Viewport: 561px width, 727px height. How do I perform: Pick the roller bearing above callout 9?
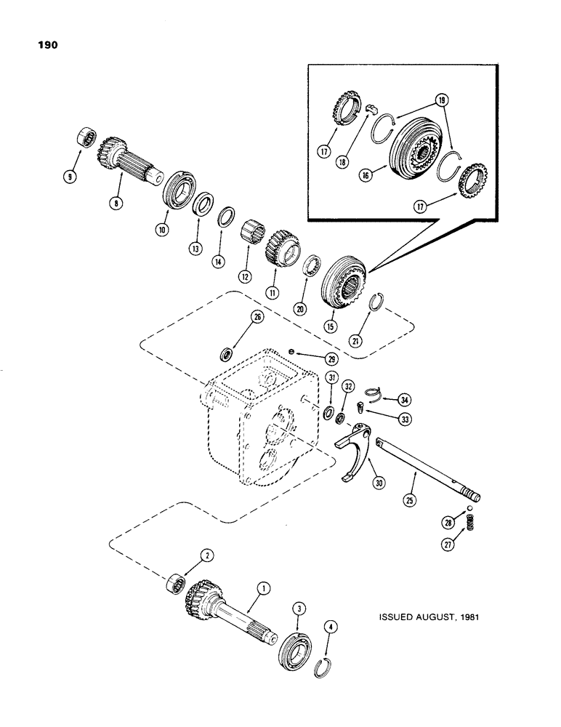coord(87,137)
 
